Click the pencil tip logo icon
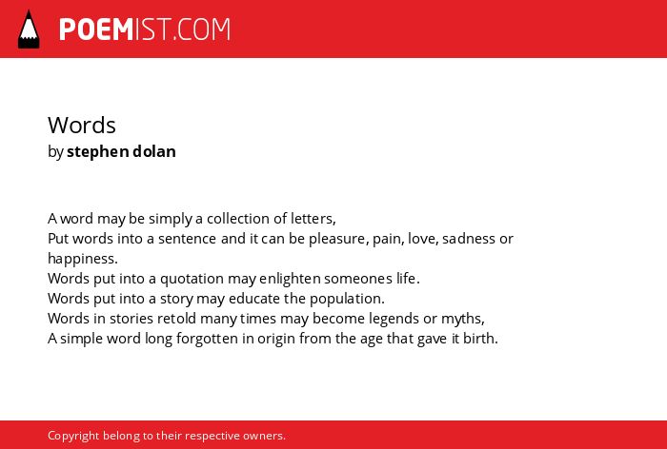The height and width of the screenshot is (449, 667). pyautogui.click(x=29, y=29)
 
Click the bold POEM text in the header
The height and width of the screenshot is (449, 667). pyautogui.click(x=96, y=29)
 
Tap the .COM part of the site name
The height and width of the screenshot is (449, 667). pyautogui.click(x=202, y=29)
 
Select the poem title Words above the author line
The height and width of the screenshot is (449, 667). pyautogui.click(x=82, y=126)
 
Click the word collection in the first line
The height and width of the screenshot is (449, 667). pyautogui.click(x=238, y=219)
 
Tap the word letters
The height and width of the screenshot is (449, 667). pyautogui.click(x=313, y=219)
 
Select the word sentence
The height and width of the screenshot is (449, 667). pyautogui.click(x=188, y=239)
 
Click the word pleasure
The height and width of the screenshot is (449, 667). pyautogui.click(x=336, y=239)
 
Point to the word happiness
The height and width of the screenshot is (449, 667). pyautogui.click(x=83, y=259)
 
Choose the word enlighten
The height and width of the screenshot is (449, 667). pyautogui.click(x=290, y=279)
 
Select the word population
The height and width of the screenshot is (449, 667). pyautogui.click(x=347, y=299)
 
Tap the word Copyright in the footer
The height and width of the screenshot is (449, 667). pyautogui.click(x=73, y=436)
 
